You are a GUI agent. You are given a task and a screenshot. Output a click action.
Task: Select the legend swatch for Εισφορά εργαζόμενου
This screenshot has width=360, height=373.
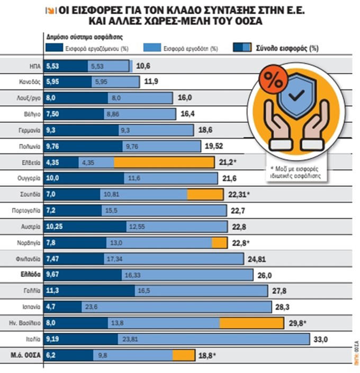(53, 48)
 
